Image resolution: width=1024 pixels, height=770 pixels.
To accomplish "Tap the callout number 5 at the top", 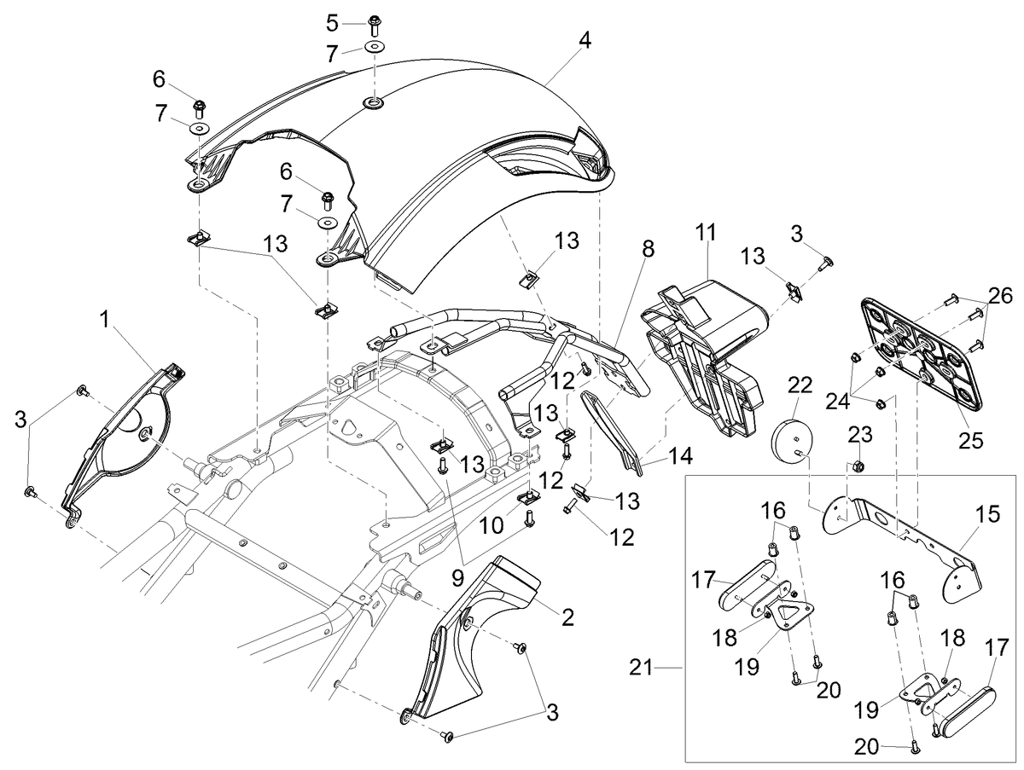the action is pos(332,23).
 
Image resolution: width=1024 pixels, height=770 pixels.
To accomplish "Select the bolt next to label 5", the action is pos(374,25).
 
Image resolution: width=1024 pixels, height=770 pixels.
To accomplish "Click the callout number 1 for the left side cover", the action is pos(104,320).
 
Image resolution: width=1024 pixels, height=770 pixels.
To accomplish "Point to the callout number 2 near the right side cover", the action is pos(567,618).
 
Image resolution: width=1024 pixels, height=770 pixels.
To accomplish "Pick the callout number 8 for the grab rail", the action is pos(648,249).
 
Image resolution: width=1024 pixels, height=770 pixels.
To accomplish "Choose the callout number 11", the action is pos(706,233).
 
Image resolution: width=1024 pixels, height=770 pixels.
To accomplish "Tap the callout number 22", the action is pos(800,385).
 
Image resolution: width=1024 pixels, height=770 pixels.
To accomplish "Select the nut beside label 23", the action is pos(861,465).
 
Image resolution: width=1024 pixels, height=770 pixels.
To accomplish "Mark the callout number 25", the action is pos(971,440).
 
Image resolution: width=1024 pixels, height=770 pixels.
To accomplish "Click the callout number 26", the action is pos(1000,296).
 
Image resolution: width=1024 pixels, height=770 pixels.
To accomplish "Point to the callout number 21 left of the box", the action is pos(642,668).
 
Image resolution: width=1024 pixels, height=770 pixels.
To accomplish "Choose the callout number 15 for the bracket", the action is pos(987,514).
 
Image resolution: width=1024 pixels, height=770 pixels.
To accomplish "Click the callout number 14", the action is pos(681,456).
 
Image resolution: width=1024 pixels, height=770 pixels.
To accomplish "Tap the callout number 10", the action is pos(492,525).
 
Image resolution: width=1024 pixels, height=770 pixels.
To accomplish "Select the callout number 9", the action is pos(457,578).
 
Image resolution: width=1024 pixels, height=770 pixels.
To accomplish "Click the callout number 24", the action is pos(838,401).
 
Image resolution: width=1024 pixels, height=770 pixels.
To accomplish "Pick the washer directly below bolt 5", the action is pos(373,48).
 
